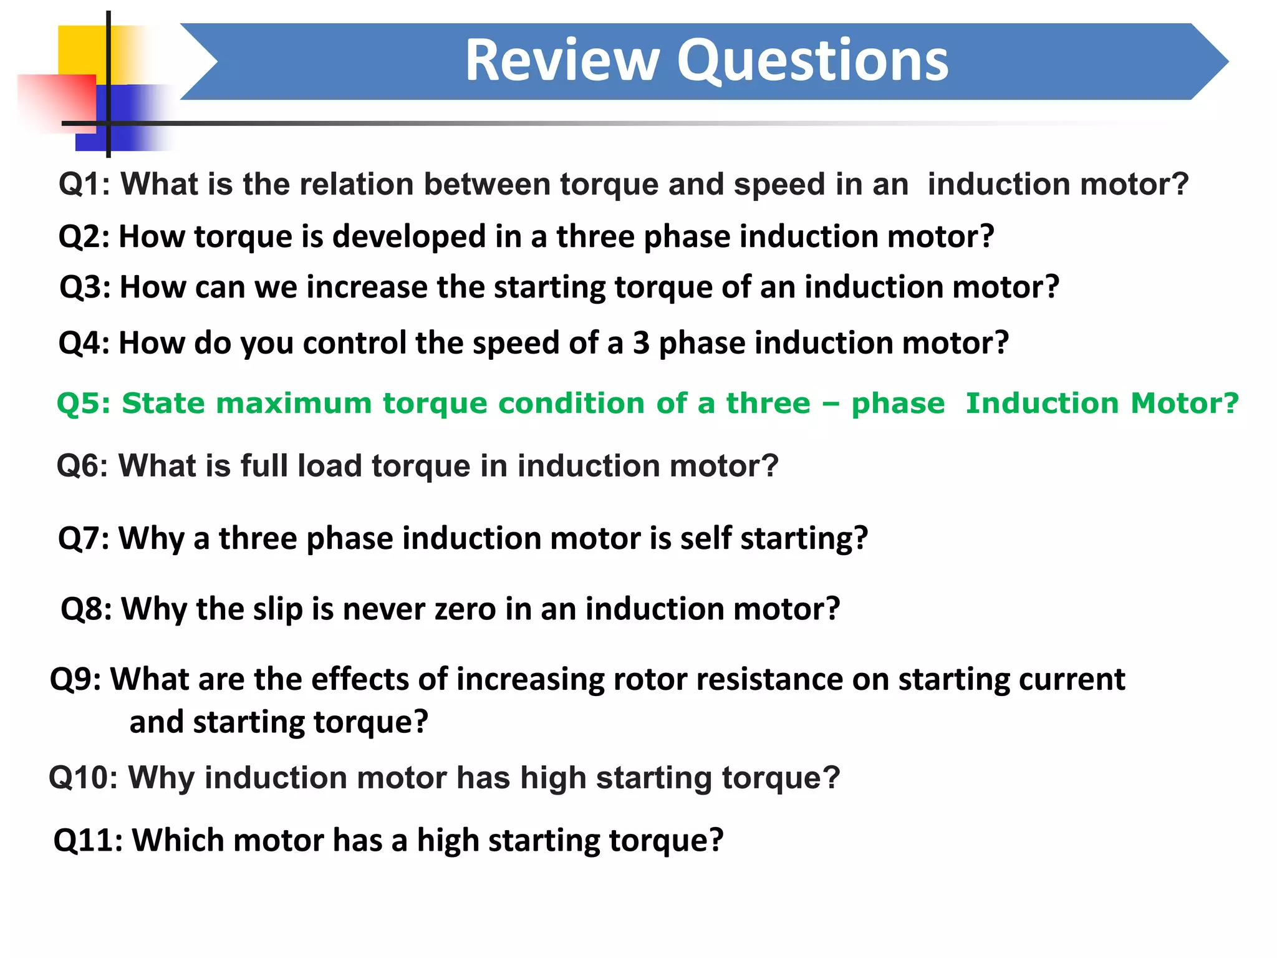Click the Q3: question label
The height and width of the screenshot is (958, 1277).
point(85,288)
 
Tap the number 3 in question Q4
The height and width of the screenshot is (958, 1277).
point(641,343)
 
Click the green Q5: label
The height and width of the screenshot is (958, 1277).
point(84,404)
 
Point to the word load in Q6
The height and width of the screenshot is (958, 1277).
point(329,466)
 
